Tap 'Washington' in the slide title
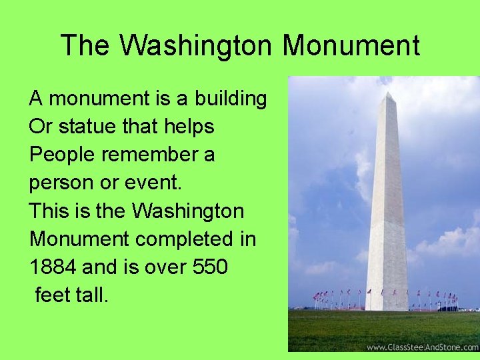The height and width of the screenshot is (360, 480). click(197, 45)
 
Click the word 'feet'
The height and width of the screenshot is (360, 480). click(55, 295)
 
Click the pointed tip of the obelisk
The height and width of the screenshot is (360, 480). click(388, 94)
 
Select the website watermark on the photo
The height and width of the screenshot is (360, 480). click(422, 347)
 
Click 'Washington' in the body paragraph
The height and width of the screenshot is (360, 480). click(188, 211)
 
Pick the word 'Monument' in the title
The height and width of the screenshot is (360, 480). click(351, 45)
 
